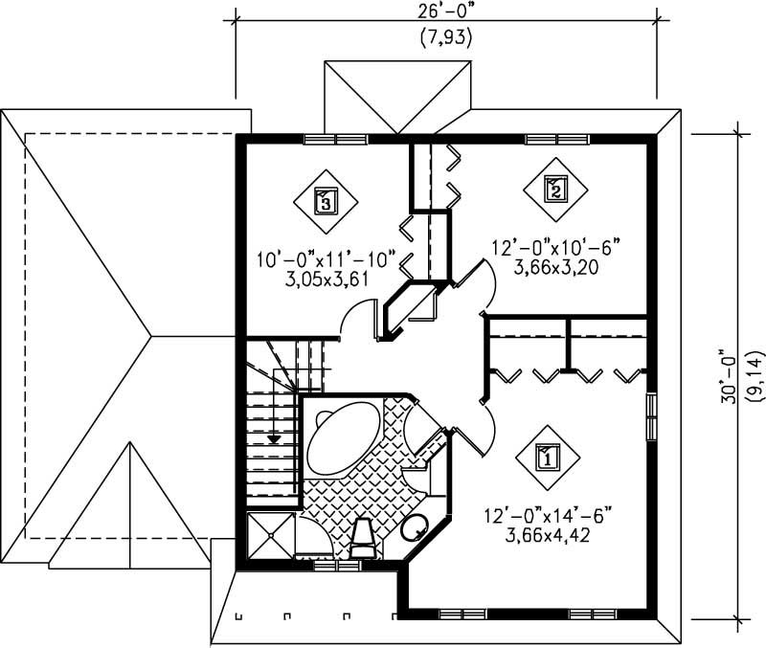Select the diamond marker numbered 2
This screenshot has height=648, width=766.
554,189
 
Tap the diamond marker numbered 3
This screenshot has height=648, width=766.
325,201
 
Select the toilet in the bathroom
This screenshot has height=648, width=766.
366,538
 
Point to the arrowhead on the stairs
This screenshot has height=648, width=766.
275,438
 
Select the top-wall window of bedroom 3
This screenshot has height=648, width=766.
335,139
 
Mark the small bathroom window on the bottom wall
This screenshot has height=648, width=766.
338,566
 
